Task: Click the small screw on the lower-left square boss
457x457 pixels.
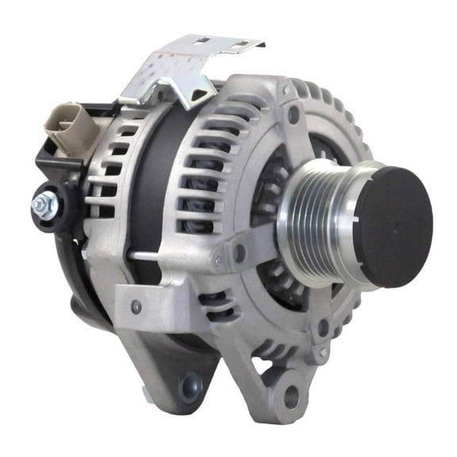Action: [137, 305]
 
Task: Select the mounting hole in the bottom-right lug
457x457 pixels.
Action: [290, 394]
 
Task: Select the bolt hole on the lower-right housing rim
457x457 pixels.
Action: [323, 326]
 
